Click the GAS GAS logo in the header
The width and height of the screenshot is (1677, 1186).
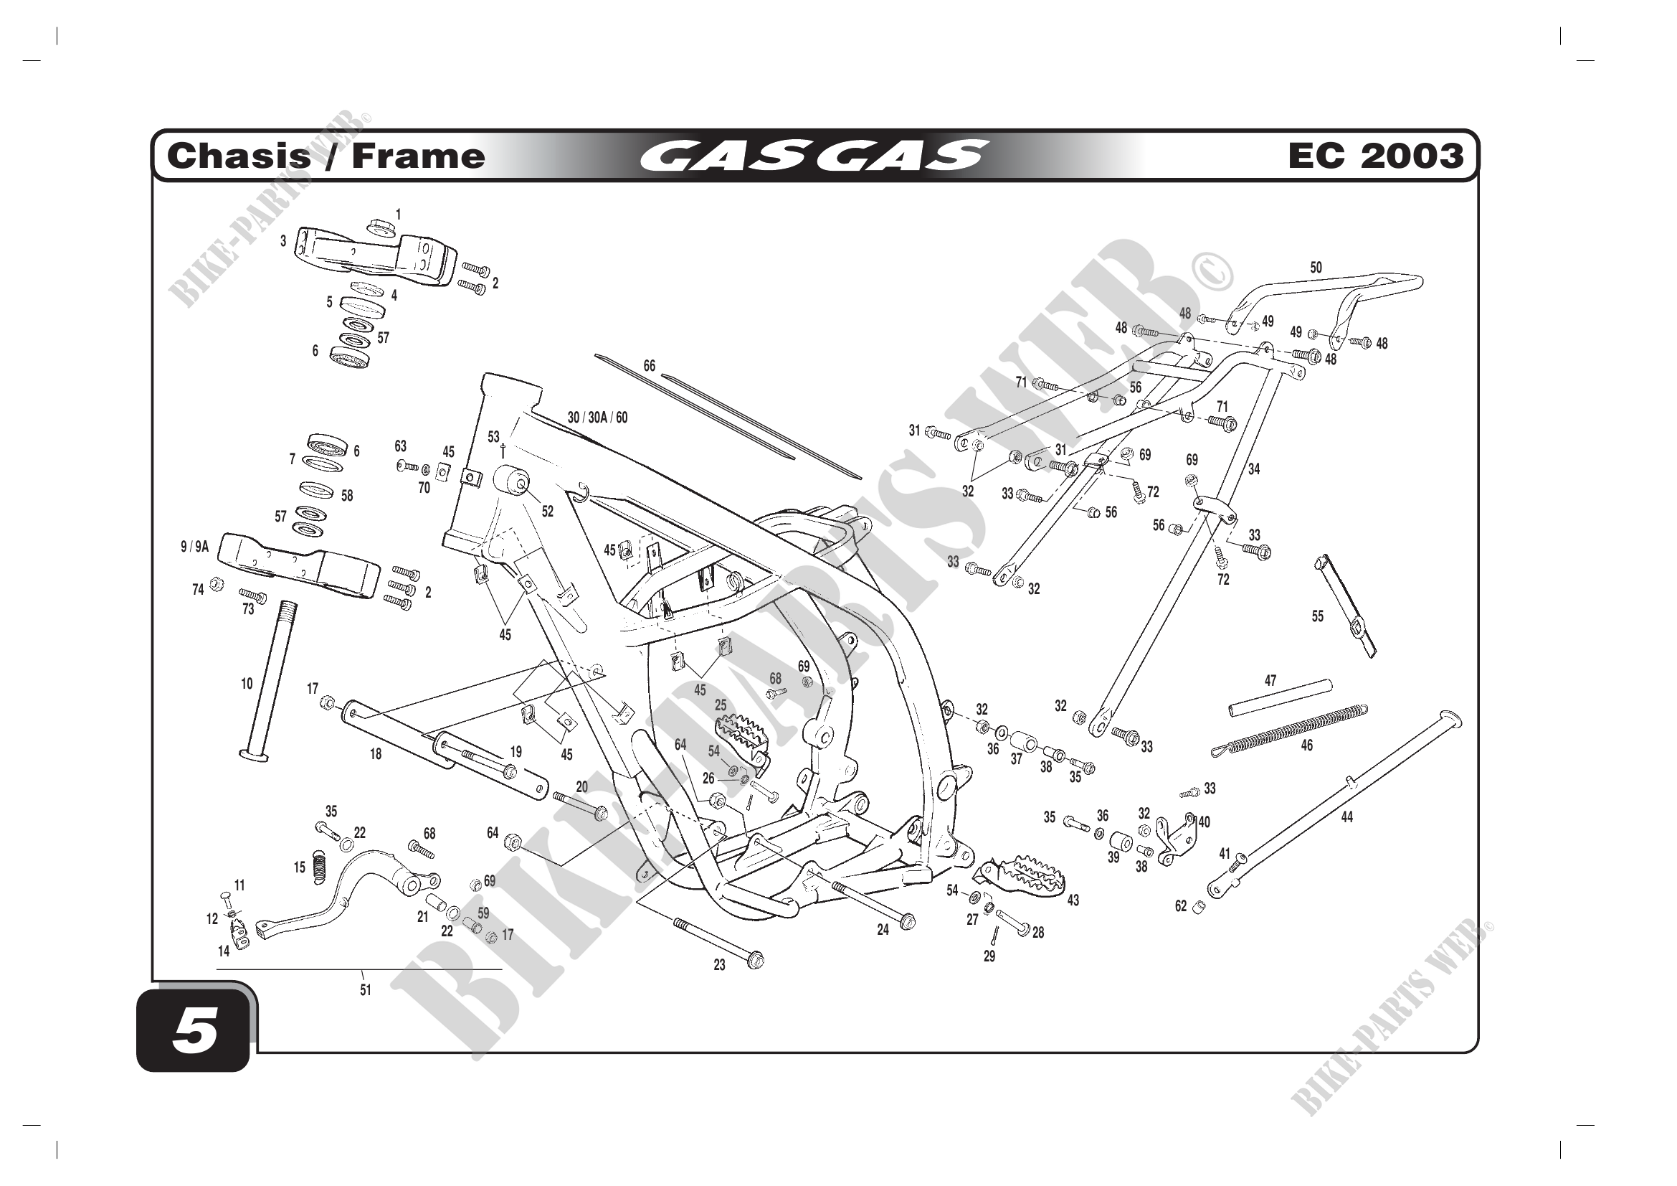click(x=814, y=156)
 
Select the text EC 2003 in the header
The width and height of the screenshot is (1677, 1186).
click(x=1375, y=156)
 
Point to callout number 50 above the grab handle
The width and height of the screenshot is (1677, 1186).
click(x=1316, y=268)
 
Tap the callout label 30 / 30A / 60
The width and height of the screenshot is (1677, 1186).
click(x=597, y=418)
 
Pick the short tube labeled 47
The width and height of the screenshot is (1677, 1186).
click(x=1280, y=699)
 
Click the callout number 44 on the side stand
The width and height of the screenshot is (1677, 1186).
click(x=1347, y=817)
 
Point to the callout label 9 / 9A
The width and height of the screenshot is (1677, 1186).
click(x=194, y=547)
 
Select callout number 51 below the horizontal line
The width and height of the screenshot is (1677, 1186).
click(x=365, y=990)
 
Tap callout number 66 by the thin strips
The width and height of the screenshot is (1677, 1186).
click(x=649, y=365)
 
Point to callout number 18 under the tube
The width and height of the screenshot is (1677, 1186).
click(x=376, y=754)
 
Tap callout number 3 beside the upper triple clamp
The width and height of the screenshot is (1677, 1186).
click(x=283, y=240)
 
